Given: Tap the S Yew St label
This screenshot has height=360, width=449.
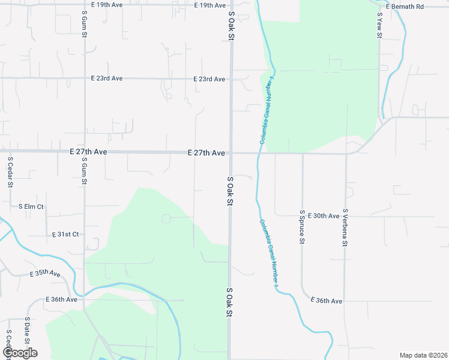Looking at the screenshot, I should (x=379, y=25).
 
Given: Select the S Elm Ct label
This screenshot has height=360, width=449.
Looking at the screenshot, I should (x=31, y=206).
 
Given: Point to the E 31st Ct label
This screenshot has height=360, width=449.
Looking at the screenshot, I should (x=65, y=234).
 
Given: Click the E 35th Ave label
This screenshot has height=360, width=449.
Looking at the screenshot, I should (x=46, y=273).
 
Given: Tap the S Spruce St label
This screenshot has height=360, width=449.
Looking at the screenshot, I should (x=303, y=227).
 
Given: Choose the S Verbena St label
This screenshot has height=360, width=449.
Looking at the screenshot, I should (x=345, y=228).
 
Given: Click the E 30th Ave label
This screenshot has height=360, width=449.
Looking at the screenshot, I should (x=326, y=215).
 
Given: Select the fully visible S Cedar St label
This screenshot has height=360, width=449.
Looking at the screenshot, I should (x=10, y=173).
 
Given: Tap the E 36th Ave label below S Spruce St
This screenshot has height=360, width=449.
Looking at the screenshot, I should (x=327, y=301).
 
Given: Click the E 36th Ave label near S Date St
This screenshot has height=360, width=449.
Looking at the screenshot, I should (x=62, y=299).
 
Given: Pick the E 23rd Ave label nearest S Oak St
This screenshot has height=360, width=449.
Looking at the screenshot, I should (x=209, y=79).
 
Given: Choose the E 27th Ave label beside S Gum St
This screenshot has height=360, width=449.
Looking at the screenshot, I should (x=88, y=152).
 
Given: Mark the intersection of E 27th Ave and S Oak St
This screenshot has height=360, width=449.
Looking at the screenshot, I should (x=230, y=153).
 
